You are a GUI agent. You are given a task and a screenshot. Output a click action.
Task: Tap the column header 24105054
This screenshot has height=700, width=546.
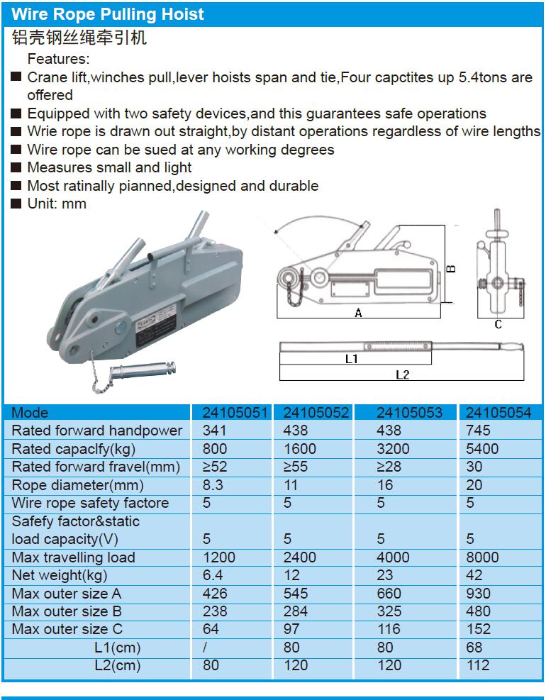pos(499,413)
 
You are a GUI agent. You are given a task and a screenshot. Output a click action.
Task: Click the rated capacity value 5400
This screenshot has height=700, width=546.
pos(483,449)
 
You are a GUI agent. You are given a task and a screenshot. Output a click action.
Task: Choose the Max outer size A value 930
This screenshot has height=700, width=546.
pos(478,594)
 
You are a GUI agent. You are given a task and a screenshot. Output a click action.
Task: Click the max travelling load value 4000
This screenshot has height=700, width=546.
pos(393,557)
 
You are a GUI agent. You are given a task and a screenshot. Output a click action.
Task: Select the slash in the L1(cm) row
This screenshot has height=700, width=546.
pos(205,648)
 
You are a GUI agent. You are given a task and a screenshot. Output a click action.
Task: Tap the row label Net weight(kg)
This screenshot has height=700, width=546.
pos(60,575)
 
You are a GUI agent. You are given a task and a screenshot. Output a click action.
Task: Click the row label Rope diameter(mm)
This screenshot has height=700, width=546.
pos(77,485)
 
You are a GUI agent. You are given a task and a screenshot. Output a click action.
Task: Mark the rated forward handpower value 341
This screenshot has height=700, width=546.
pos(215,430)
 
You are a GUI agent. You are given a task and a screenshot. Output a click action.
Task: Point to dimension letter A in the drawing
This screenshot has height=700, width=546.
pos(358,313)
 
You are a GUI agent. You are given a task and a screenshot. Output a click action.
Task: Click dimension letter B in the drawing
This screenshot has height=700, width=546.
pos(451,268)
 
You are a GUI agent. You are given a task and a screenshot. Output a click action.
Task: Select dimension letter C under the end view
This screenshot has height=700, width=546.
pos(498,324)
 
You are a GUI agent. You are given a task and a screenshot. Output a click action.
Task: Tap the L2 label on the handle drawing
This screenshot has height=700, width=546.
pos(402,374)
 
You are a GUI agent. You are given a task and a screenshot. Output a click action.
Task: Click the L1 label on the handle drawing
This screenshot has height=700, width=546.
pos(351,360)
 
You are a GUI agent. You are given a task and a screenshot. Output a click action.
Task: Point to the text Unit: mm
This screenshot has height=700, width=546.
pos(56,204)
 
